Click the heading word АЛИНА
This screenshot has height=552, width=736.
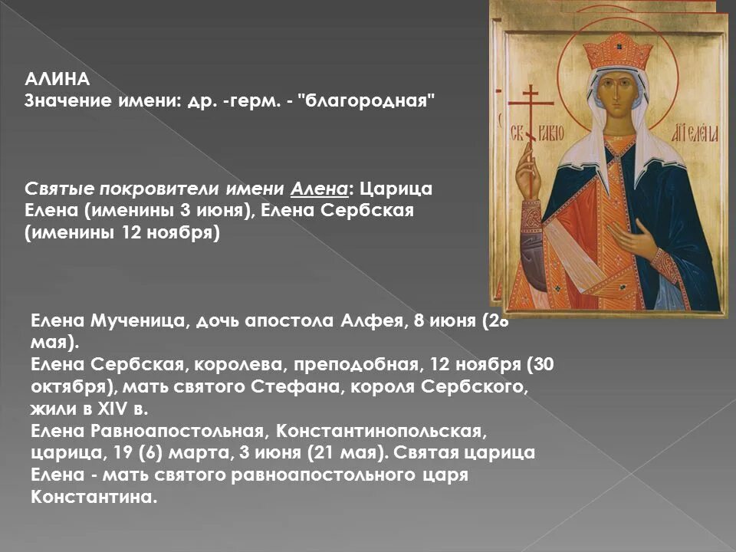coord(58,79)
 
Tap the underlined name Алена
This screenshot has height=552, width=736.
coord(319,189)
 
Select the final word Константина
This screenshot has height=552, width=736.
coord(94,497)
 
